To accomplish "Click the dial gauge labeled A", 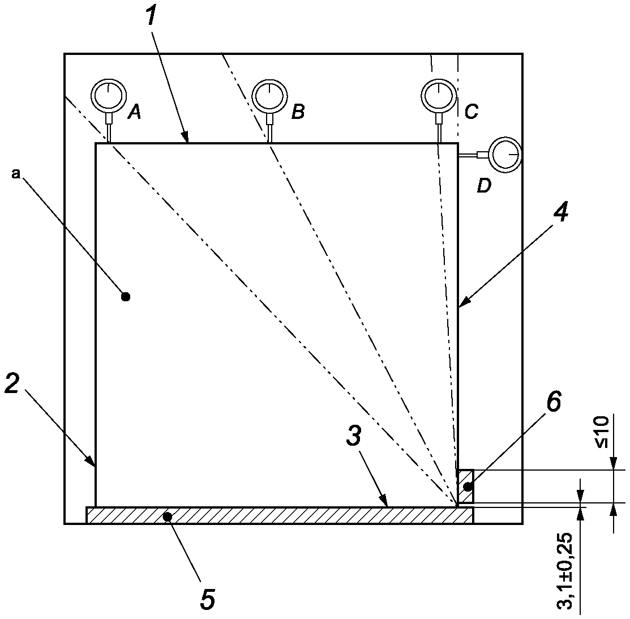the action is click(x=109, y=96).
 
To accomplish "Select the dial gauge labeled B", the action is click(x=269, y=96).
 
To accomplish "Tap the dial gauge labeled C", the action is click(x=439, y=96).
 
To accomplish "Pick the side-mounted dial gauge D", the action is click(x=505, y=155).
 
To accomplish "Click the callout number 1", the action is click(x=151, y=15).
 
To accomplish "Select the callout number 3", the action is click(x=354, y=436).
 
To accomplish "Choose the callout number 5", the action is click(x=208, y=599).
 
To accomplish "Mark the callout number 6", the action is click(x=554, y=401).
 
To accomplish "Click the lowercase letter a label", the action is click(x=16, y=174).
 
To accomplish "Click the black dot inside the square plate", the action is click(x=126, y=297).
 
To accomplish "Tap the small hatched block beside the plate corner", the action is click(x=466, y=486).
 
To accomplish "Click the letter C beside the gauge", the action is click(x=472, y=112).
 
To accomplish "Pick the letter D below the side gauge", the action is click(x=484, y=186).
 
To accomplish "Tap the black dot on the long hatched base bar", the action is click(x=168, y=516).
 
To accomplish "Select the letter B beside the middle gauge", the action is click(x=298, y=112).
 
